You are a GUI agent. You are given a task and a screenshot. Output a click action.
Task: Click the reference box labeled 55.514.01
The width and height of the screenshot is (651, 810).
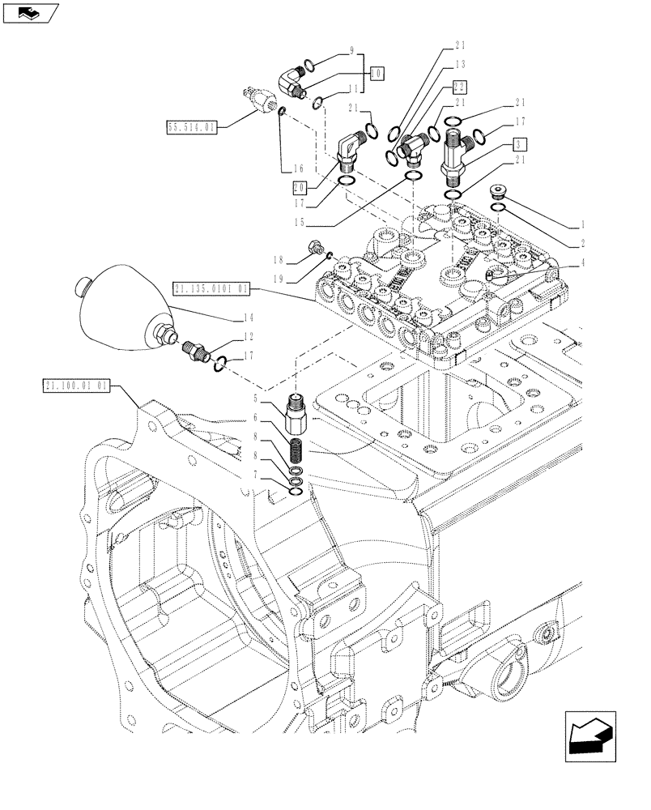point(192,127)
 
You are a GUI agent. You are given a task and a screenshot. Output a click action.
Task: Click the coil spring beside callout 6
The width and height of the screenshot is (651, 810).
point(296,449)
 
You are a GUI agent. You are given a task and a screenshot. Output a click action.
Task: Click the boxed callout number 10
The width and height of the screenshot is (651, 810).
point(377,72)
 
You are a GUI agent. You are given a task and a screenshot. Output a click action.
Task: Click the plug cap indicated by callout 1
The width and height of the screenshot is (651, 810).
point(499,192)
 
